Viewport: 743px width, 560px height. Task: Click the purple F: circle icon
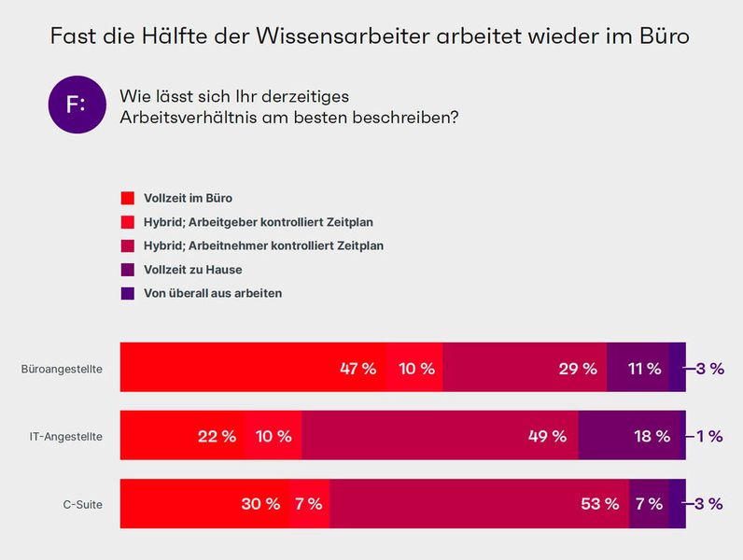(x=76, y=105)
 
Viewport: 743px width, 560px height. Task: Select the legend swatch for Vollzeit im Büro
(x=128, y=198)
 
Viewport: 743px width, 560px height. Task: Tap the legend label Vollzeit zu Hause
(x=193, y=270)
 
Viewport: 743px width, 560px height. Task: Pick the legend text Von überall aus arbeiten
(x=213, y=293)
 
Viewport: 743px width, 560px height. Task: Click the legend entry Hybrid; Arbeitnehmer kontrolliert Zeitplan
(x=263, y=245)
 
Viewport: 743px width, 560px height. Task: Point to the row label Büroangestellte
(x=62, y=369)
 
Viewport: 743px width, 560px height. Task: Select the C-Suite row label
(x=82, y=504)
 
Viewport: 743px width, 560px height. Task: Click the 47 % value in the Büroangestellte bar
(x=357, y=369)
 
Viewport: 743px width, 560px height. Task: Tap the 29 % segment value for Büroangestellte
(x=578, y=369)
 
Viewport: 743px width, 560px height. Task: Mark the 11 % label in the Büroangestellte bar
(x=644, y=369)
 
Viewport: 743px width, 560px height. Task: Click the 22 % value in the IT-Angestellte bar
(x=217, y=436)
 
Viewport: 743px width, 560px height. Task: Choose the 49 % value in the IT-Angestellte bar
(x=547, y=436)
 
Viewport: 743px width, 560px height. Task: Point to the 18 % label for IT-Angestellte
(x=652, y=436)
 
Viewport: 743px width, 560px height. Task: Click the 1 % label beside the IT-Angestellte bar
(x=709, y=436)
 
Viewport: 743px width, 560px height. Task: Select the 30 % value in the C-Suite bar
(x=260, y=504)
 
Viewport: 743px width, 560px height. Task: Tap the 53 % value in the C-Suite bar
(x=599, y=504)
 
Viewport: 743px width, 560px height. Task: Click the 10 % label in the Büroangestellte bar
(x=416, y=369)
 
